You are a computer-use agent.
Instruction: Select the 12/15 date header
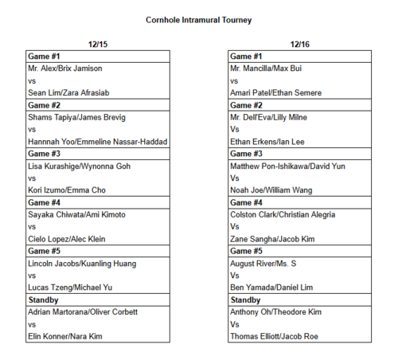tap(98, 45)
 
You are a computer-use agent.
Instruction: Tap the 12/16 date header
tap(299, 45)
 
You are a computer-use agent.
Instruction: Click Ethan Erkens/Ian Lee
tap(267, 141)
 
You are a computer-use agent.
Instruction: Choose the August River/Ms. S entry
tap(263, 263)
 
